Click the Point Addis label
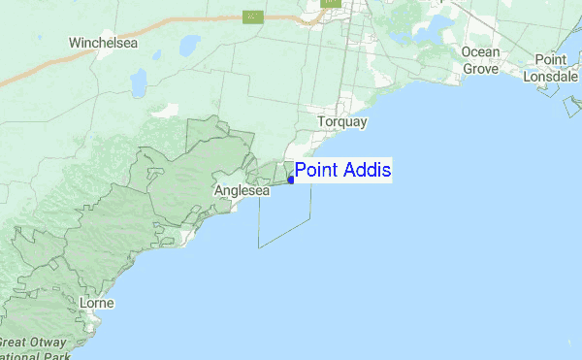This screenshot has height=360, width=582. point(342,171)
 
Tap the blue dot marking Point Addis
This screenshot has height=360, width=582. point(291,180)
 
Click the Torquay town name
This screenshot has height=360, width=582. point(341,122)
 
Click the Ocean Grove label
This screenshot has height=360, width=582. point(480,60)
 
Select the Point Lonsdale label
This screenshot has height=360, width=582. point(550,68)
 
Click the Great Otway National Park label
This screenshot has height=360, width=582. point(34,349)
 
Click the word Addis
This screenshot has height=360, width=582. point(368,171)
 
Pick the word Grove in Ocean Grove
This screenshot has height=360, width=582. point(480,69)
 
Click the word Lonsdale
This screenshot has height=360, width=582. point(550,76)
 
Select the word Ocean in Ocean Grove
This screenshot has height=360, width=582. point(480,51)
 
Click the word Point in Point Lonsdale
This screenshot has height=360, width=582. point(550,60)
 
